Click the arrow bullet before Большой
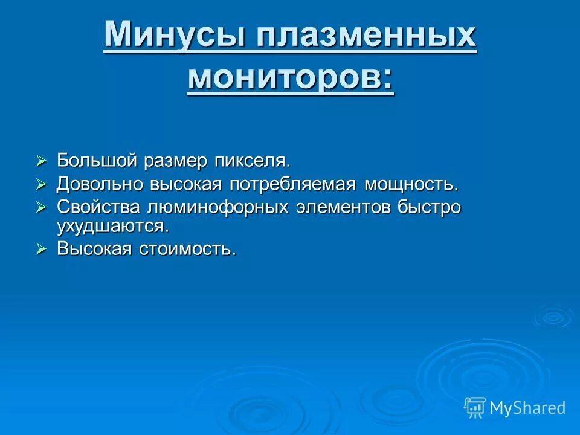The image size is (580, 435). click(x=40, y=161)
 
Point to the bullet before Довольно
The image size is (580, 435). click(x=40, y=184)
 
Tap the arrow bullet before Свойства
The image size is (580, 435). click(x=40, y=207)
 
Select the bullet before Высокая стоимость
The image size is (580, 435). click(x=40, y=249)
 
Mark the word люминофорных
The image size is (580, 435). click(x=217, y=207)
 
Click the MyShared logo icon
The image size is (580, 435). click(x=475, y=408)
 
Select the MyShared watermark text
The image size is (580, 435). click(x=527, y=408)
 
